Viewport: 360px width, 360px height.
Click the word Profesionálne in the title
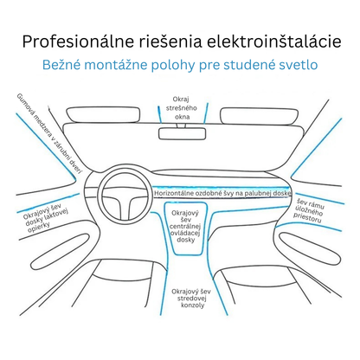(x=78, y=42)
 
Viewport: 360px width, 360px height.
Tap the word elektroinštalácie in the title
(x=274, y=42)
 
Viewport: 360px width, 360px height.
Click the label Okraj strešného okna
(x=182, y=108)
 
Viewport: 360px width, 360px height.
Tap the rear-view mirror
(x=182, y=134)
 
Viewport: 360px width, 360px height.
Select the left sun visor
(x=103, y=114)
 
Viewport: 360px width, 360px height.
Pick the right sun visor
(x=259, y=116)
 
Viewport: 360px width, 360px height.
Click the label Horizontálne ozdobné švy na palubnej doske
(x=222, y=194)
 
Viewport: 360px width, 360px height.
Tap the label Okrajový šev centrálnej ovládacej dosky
(x=185, y=227)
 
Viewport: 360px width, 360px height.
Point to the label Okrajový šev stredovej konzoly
(x=191, y=299)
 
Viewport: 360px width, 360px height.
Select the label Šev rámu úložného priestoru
(x=309, y=211)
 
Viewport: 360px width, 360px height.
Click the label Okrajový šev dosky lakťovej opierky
(x=45, y=219)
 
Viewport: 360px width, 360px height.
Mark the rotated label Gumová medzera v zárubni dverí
(x=49, y=133)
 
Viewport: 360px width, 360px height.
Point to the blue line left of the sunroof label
(x=159, y=114)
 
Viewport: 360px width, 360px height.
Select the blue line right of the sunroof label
(x=206, y=113)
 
